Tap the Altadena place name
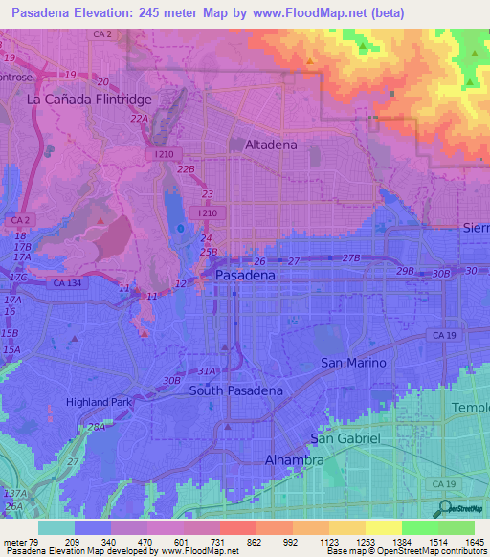[x=264, y=145]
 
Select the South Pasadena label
[x=235, y=390]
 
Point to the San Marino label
[x=353, y=363]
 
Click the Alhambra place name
[x=294, y=460]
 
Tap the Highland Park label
[x=99, y=403]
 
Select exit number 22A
[x=139, y=118]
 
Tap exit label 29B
[x=407, y=271]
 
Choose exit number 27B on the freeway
[x=351, y=258]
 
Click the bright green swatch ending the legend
[x=456, y=527]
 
